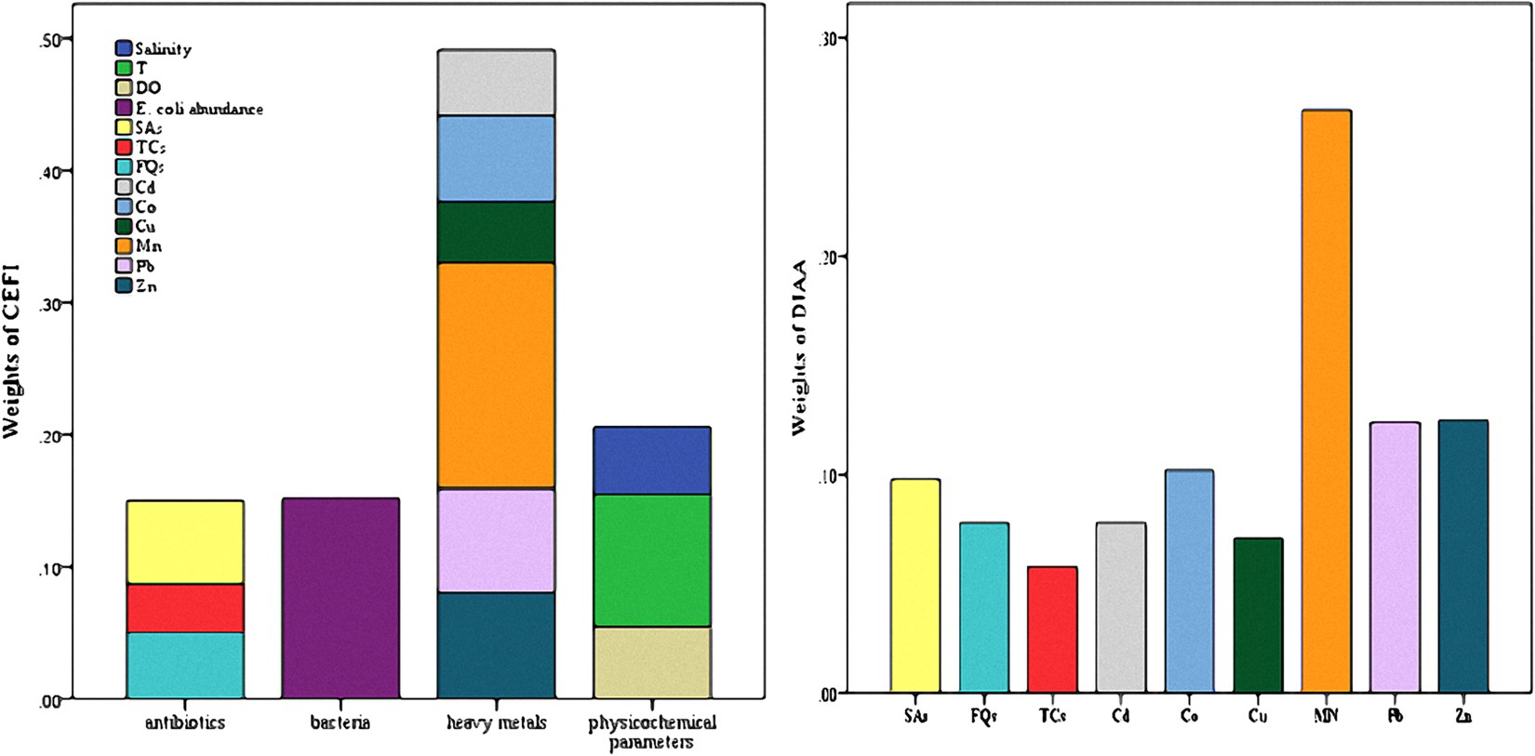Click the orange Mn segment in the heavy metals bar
(496, 375)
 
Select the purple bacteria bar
(340, 598)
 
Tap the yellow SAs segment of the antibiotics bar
(185, 542)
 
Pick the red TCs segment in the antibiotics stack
(185, 608)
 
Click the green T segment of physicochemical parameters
(651, 560)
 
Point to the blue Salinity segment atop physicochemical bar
(651, 460)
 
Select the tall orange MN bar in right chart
(1326, 401)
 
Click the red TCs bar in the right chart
(1052, 630)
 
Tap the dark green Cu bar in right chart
(1258, 616)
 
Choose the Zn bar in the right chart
(1462, 556)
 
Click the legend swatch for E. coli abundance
(124, 108)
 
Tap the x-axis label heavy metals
(496, 723)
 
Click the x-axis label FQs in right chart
(983, 717)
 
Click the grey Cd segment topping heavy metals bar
(496, 82)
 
